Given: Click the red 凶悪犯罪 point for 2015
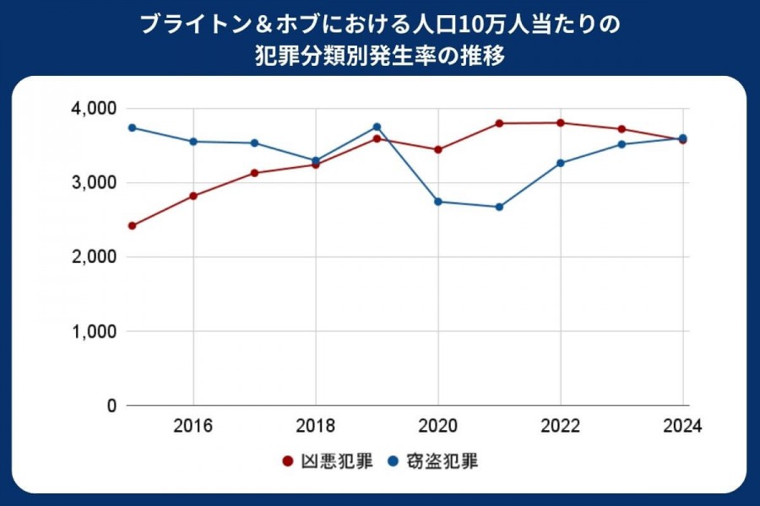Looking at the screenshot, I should point(133,226).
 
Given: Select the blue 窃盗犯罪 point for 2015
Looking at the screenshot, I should point(133,127).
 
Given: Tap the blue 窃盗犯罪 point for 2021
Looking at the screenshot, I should point(499,207).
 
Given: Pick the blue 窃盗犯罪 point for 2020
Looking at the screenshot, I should point(438,202).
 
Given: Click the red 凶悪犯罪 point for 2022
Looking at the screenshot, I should point(561,123).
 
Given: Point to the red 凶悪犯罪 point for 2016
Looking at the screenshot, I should point(193,196).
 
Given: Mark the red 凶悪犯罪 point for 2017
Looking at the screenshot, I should point(254,173).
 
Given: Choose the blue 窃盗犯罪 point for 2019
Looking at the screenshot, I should point(377,127).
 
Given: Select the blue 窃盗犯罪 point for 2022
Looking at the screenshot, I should point(561,163).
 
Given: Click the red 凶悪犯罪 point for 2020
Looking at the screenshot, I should point(438,149).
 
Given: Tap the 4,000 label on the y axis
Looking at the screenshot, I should point(93,109).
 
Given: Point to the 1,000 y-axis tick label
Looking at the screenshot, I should point(93,331).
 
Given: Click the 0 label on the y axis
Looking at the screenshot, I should point(110,406).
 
